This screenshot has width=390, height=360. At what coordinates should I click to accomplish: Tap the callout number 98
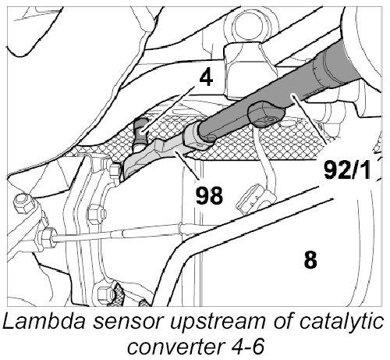click(x=209, y=195)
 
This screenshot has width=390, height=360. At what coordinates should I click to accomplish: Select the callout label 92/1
click(x=347, y=169)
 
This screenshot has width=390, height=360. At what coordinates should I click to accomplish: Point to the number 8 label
click(x=310, y=260)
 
